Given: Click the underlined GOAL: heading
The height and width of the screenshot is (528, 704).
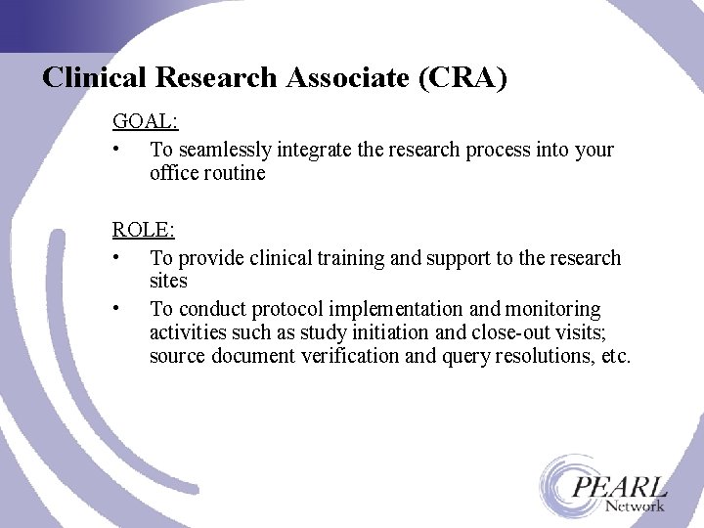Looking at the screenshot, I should (x=145, y=122).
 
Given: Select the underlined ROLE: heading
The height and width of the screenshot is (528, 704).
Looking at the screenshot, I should (x=144, y=231).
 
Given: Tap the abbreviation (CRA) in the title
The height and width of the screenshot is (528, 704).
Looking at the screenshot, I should (x=462, y=78).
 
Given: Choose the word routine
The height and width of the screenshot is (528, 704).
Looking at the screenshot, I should (x=234, y=173).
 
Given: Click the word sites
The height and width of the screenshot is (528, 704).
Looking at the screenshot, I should (x=168, y=282).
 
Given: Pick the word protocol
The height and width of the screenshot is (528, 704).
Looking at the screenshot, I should (x=279, y=309).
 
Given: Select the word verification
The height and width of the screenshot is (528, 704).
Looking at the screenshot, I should (x=351, y=356).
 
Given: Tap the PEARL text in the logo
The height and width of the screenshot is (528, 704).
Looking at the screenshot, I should (x=620, y=486).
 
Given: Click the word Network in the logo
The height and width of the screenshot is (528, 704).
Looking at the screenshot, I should (x=635, y=506).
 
